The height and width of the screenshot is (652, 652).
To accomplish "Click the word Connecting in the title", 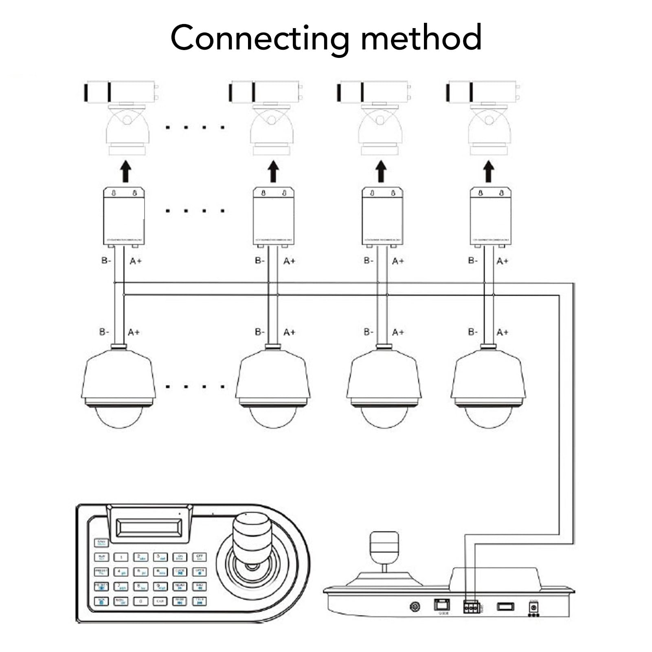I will coord(259,38).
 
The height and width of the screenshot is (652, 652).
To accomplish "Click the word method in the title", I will coord(421,37).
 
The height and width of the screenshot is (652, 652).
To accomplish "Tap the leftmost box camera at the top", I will coord(121,92).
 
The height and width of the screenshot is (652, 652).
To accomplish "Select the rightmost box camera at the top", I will coord(483,92).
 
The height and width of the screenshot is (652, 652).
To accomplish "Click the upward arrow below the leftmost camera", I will coord(126,171).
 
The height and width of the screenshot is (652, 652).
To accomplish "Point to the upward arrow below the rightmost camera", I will coord(488,171).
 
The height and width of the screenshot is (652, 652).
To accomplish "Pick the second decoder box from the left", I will coord(273,216).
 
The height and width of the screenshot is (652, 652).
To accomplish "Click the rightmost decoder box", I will coord(490,216).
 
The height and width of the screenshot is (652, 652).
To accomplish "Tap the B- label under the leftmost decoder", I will coord(106,260).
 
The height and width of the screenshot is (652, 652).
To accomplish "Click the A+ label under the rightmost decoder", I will coord(502,261).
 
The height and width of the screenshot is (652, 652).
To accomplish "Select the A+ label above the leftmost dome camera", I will coord(134,332).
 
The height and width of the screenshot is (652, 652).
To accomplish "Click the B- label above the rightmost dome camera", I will coord(472,332).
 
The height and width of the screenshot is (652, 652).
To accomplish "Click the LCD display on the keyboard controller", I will coord(148,527).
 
